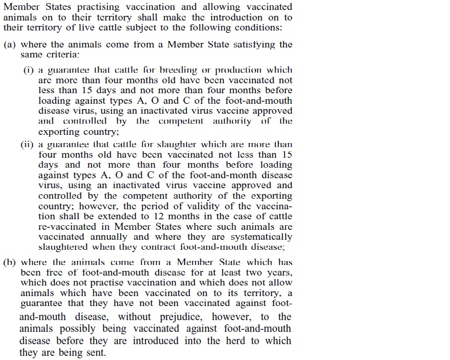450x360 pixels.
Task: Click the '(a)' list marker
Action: click(x=10, y=45)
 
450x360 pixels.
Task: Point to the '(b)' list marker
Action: click(x=11, y=262)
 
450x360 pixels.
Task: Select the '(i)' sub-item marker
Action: click(x=29, y=70)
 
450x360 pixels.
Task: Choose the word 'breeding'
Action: click(x=158, y=70)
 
